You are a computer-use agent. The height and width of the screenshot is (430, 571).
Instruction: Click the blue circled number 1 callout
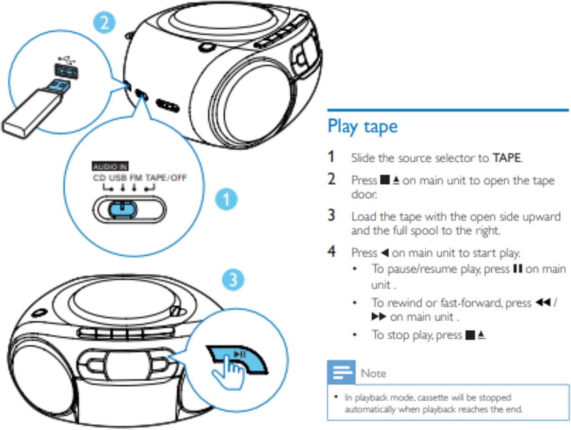[x=226, y=199]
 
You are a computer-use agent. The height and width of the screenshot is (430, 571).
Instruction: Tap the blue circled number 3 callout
[x=233, y=280]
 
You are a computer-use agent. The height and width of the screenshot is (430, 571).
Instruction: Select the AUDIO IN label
[x=110, y=166]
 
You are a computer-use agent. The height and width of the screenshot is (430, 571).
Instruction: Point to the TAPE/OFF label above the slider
[x=166, y=178]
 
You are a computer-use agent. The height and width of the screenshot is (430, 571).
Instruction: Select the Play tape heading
[x=362, y=126]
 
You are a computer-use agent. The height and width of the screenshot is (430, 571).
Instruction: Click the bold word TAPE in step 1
[x=506, y=158]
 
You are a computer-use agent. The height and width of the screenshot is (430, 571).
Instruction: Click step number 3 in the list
[x=332, y=215]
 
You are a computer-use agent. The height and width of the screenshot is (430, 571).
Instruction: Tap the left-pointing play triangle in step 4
[x=384, y=252]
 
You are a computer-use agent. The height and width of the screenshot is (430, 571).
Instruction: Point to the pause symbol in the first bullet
[x=517, y=269]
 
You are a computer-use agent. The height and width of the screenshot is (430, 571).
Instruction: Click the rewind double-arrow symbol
[x=543, y=303]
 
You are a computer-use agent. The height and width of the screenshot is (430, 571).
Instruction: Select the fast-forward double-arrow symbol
[x=379, y=317]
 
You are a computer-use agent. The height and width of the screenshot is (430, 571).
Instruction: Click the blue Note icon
[x=341, y=372]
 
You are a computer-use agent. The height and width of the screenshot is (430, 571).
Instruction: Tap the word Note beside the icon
[x=373, y=373]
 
